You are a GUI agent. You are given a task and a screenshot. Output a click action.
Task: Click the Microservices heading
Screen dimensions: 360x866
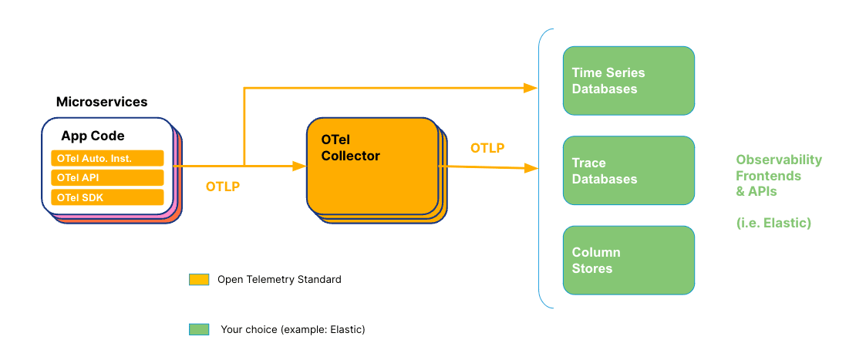coord(102,102)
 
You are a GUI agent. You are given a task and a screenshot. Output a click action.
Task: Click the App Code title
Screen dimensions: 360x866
coord(93,136)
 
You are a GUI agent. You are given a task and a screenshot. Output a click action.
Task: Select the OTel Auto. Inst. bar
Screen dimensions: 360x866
coord(108,158)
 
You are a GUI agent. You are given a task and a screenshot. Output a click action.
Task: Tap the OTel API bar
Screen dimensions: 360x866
coord(108,178)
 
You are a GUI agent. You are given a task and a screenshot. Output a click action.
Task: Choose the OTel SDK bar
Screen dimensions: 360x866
coord(108,198)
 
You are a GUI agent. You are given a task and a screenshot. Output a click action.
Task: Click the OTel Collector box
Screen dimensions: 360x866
coord(372,166)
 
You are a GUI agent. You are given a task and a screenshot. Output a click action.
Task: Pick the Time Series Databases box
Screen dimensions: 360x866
coord(628,81)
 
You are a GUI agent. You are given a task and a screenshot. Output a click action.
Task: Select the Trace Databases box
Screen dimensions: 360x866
coord(628,171)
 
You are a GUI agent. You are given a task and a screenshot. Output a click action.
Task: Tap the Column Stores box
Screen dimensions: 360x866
coord(628,261)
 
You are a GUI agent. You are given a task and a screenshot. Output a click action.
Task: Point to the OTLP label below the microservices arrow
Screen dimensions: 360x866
coord(223,187)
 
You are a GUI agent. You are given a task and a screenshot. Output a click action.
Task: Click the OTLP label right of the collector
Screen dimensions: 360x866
coord(487,148)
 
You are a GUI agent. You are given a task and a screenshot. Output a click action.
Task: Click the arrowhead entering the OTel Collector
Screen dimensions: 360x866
coord(300,166)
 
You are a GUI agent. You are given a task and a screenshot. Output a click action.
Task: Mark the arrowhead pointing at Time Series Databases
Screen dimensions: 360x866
coord(530,88)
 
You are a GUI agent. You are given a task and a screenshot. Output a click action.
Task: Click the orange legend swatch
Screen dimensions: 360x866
coord(199,279)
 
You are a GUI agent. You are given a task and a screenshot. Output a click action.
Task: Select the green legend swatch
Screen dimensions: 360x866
coord(199,329)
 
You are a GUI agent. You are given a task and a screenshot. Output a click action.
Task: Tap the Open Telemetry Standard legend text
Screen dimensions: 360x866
coord(279,279)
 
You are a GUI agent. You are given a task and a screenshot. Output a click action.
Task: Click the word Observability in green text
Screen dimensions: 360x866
coord(779,160)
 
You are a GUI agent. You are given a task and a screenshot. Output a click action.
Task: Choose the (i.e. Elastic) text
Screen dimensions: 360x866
coord(773,224)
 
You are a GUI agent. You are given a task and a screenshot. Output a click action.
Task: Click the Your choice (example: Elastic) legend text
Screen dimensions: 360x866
coord(293,329)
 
